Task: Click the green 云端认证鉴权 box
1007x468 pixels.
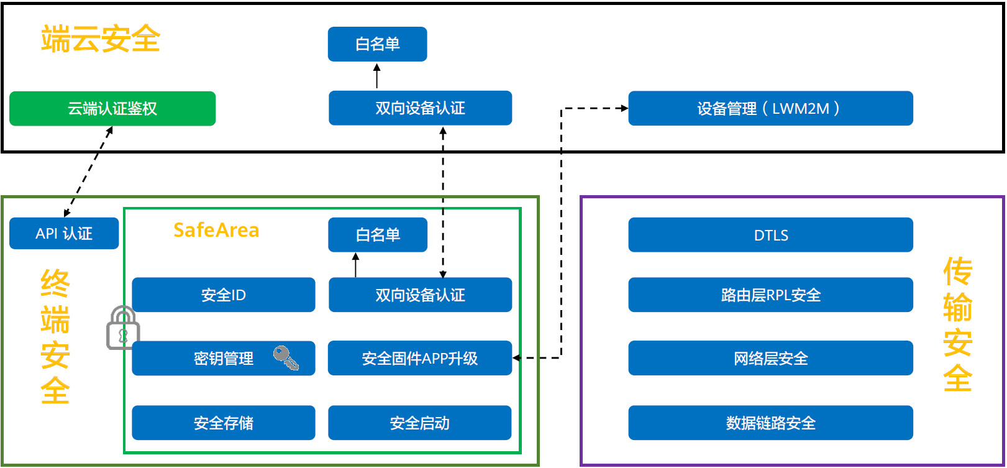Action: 112,109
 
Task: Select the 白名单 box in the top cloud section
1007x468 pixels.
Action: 377,44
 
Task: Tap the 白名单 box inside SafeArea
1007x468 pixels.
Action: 378,235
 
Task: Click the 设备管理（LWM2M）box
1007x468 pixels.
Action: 770,109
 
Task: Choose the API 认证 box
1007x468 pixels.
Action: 64,234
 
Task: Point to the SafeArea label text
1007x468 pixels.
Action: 216,231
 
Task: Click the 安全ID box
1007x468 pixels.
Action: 223,295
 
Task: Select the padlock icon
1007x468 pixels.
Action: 122,328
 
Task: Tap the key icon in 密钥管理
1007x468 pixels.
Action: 285,358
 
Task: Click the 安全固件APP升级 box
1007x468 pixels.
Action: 419,359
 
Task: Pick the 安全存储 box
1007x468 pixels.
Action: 223,423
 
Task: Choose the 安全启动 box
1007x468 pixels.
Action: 419,423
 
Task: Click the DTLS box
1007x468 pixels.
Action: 770,236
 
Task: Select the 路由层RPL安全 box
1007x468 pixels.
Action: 770,295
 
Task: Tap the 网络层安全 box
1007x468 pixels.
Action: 770,359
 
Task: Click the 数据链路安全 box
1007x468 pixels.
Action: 770,423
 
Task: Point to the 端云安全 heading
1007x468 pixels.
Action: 101,39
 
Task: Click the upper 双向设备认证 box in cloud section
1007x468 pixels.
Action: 420,109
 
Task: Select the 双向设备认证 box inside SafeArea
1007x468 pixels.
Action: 420,295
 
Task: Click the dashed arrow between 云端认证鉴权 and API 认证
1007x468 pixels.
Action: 89,172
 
